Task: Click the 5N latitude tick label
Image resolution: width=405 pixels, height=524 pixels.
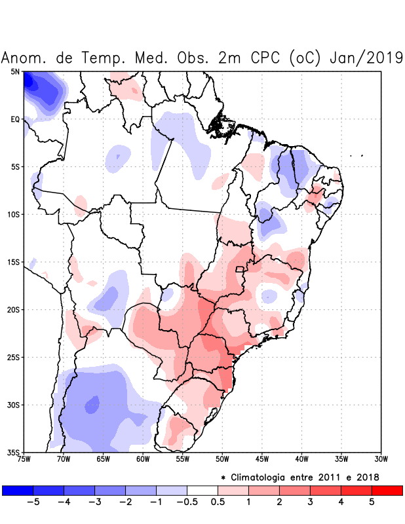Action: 15,71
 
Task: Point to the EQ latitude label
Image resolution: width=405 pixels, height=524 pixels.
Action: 15,119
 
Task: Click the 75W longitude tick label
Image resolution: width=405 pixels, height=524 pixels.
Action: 24,459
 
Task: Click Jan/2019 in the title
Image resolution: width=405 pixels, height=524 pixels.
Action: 368,58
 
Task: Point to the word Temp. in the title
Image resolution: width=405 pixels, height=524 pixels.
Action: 104,58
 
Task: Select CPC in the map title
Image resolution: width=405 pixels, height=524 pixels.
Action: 264,58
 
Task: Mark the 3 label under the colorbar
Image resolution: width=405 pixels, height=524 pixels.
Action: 310,502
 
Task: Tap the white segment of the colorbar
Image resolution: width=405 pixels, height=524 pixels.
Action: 202,491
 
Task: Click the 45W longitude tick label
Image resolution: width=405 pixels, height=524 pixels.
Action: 261,459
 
